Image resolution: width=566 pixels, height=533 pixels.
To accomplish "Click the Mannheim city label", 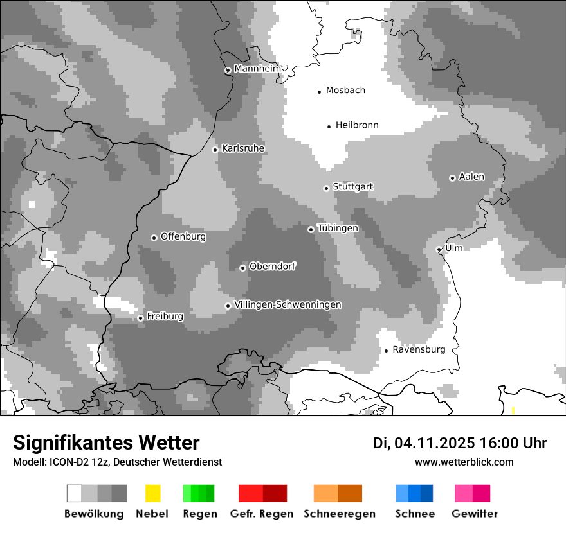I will (257, 69).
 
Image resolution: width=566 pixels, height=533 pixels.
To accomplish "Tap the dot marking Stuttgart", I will (326, 188).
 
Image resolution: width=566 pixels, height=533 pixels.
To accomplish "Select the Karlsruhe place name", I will (243, 148).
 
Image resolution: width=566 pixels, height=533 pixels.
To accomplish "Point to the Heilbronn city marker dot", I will (329, 127).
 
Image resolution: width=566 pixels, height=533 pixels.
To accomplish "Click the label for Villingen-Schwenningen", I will (288, 304).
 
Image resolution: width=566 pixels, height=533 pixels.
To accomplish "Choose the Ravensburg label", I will (419, 350).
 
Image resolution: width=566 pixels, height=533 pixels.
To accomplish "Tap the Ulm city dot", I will (439, 249).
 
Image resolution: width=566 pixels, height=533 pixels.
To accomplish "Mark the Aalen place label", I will (471, 177).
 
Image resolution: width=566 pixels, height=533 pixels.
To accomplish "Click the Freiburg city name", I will (165, 317).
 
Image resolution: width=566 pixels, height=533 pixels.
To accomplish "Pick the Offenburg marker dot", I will (154, 238).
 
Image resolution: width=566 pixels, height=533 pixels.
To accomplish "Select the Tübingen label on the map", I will (338, 228).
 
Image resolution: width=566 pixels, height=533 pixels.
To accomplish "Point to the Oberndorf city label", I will (273, 266).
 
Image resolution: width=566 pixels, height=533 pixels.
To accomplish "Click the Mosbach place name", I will (345, 91).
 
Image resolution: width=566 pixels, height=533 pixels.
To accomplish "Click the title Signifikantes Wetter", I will (106, 443).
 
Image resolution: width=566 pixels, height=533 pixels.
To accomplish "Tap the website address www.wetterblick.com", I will (464, 462).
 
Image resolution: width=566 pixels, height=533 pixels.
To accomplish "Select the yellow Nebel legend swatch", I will (152, 493).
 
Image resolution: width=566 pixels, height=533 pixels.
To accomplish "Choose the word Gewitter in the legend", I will (475, 514).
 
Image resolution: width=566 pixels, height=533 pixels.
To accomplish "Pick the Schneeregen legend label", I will (340, 514).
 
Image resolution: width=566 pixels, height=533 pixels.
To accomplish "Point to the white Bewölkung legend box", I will (75, 493).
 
